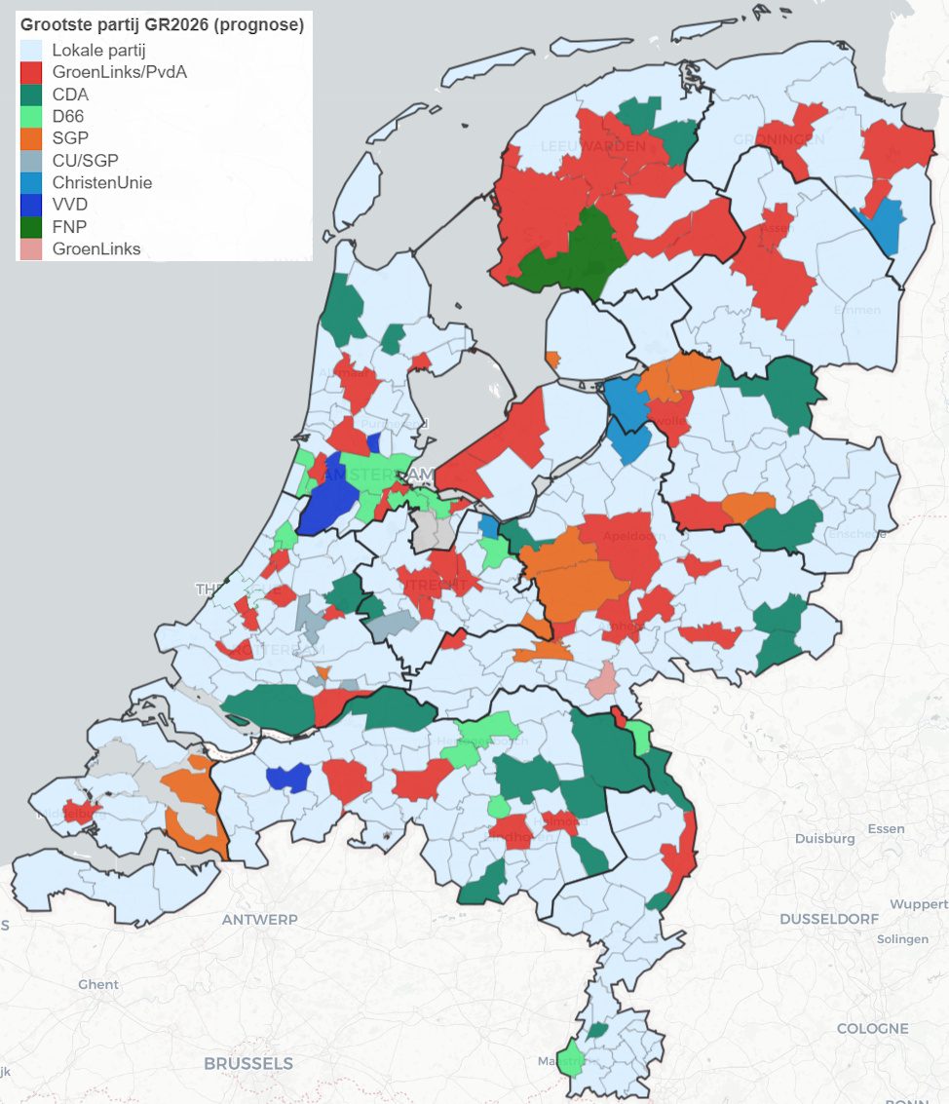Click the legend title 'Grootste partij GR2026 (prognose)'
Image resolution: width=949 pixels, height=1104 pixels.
tap(163, 25)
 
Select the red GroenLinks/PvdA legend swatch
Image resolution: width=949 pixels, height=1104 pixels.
tap(31, 72)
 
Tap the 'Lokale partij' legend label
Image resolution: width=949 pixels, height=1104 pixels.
tap(97, 51)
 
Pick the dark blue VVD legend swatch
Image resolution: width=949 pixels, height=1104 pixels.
tap(31, 205)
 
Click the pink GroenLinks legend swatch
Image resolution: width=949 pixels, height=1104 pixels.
tap(31, 248)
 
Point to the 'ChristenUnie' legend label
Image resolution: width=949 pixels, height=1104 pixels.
tap(102, 182)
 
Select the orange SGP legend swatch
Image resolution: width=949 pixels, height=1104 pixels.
tap(31, 138)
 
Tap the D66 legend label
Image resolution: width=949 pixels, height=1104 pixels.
tap(67, 116)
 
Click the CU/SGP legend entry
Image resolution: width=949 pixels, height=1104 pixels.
tap(85, 160)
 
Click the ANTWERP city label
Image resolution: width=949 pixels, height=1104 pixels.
tap(259, 920)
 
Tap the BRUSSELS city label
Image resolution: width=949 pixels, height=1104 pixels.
tap(247, 1063)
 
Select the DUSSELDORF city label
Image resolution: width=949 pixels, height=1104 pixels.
tap(828, 919)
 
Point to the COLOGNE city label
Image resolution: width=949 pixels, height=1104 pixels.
tap(872, 1028)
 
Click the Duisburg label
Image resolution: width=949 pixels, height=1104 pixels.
tap(824, 838)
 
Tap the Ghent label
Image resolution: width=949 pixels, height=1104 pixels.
tap(98, 984)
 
